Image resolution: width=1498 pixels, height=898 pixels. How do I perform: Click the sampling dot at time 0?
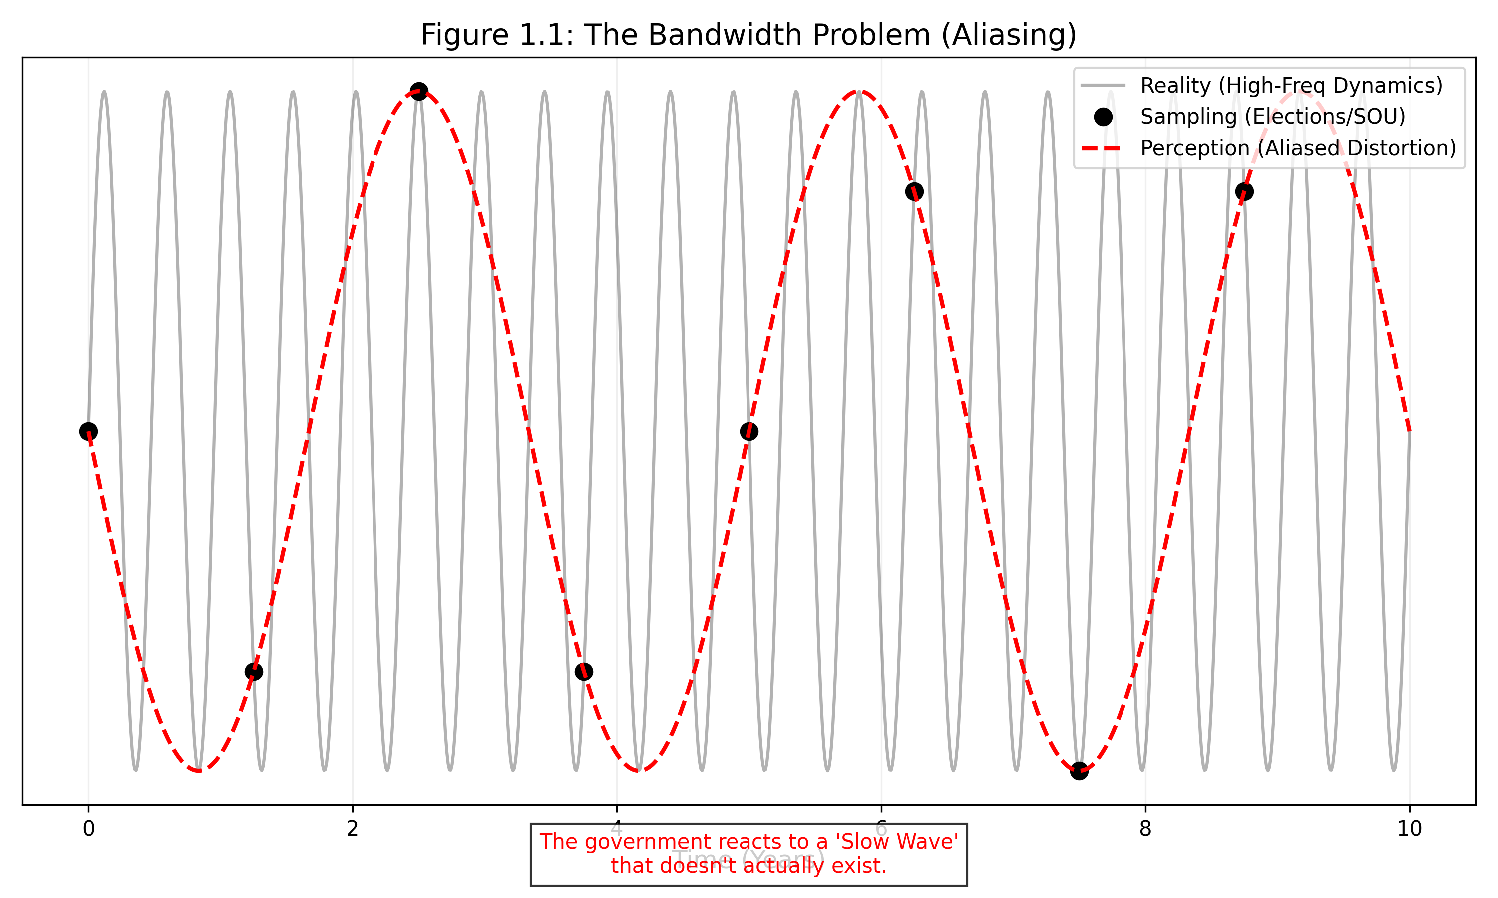88,432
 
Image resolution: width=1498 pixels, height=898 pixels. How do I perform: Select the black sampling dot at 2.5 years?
419,92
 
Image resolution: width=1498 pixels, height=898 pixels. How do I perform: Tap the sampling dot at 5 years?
749,432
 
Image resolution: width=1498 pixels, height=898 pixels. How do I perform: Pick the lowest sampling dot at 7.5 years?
1079,771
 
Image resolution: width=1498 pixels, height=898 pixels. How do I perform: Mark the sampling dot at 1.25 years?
254,672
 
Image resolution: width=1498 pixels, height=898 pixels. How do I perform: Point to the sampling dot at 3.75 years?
584,672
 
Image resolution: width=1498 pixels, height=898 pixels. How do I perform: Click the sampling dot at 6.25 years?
914,191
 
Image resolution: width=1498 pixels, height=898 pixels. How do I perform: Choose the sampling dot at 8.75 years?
1244,191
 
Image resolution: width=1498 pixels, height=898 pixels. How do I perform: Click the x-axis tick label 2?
353,829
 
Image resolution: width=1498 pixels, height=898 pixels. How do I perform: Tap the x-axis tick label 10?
1410,829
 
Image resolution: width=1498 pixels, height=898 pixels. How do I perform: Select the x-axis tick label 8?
1145,829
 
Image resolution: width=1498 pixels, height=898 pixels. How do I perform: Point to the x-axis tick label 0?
88,829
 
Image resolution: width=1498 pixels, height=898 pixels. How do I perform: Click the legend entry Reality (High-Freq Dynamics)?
1291,86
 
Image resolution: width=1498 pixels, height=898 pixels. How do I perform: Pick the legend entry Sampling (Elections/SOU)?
1273,117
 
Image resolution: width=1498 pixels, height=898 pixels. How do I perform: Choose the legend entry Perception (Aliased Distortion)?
1298,148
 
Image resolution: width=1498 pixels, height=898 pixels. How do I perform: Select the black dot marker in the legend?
1103,117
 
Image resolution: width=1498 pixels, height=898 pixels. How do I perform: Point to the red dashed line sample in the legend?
1103,148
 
